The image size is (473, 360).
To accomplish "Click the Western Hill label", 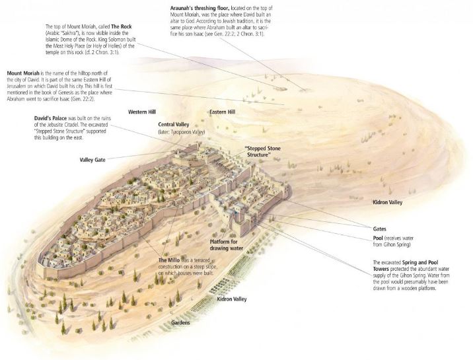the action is point(142,112).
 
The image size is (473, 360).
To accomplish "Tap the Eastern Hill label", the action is point(223,112).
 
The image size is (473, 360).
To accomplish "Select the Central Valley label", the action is point(174,124).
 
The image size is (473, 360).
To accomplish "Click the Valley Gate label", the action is point(92,160).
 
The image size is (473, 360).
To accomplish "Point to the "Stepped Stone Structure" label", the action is point(262,151).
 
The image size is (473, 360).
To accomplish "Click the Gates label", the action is point(379,229).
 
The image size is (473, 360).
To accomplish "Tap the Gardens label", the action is point(181,322).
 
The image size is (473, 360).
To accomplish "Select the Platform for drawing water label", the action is point(226,245).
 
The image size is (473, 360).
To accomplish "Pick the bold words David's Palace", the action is point(50,118).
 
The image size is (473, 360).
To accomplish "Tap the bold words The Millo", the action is point(169,260).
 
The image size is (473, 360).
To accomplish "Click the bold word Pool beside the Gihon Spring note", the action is point(378,238).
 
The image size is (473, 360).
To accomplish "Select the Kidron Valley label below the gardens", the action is point(232,299).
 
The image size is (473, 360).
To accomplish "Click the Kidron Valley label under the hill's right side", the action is point(388,202).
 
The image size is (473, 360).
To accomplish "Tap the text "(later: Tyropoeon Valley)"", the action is point(182,131).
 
